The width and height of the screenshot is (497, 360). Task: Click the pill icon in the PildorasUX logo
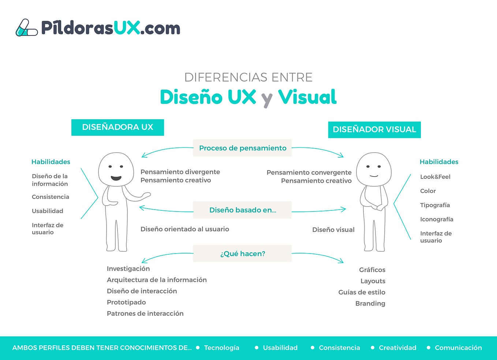(x=26, y=29)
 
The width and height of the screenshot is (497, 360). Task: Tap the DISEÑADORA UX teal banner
(x=117, y=127)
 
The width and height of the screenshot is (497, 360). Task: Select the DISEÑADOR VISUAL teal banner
(x=374, y=130)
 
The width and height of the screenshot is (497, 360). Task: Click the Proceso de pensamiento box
(x=242, y=148)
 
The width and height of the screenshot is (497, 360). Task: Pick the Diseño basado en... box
(x=242, y=210)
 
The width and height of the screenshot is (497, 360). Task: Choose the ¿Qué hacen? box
(x=242, y=254)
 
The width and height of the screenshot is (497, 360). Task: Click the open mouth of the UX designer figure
(x=116, y=178)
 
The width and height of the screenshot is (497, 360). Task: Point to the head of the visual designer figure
(x=374, y=169)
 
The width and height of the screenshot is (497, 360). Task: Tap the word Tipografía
(x=435, y=205)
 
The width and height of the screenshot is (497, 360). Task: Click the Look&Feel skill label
(x=435, y=177)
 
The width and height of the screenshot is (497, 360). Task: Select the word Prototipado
(x=126, y=302)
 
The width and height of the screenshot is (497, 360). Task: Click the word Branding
(x=370, y=303)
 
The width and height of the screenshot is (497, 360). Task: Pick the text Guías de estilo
(x=362, y=292)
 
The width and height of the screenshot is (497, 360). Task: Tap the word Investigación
(x=128, y=269)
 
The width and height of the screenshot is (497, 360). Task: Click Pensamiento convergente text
(x=309, y=172)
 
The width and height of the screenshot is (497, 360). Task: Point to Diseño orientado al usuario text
(x=184, y=229)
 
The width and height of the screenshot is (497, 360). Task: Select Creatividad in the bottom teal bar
(x=397, y=348)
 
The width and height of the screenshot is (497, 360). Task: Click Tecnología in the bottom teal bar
(x=221, y=348)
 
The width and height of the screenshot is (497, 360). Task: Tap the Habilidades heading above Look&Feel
(x=439, y=162)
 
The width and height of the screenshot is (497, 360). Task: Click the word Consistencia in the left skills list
(x=50, y=197)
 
